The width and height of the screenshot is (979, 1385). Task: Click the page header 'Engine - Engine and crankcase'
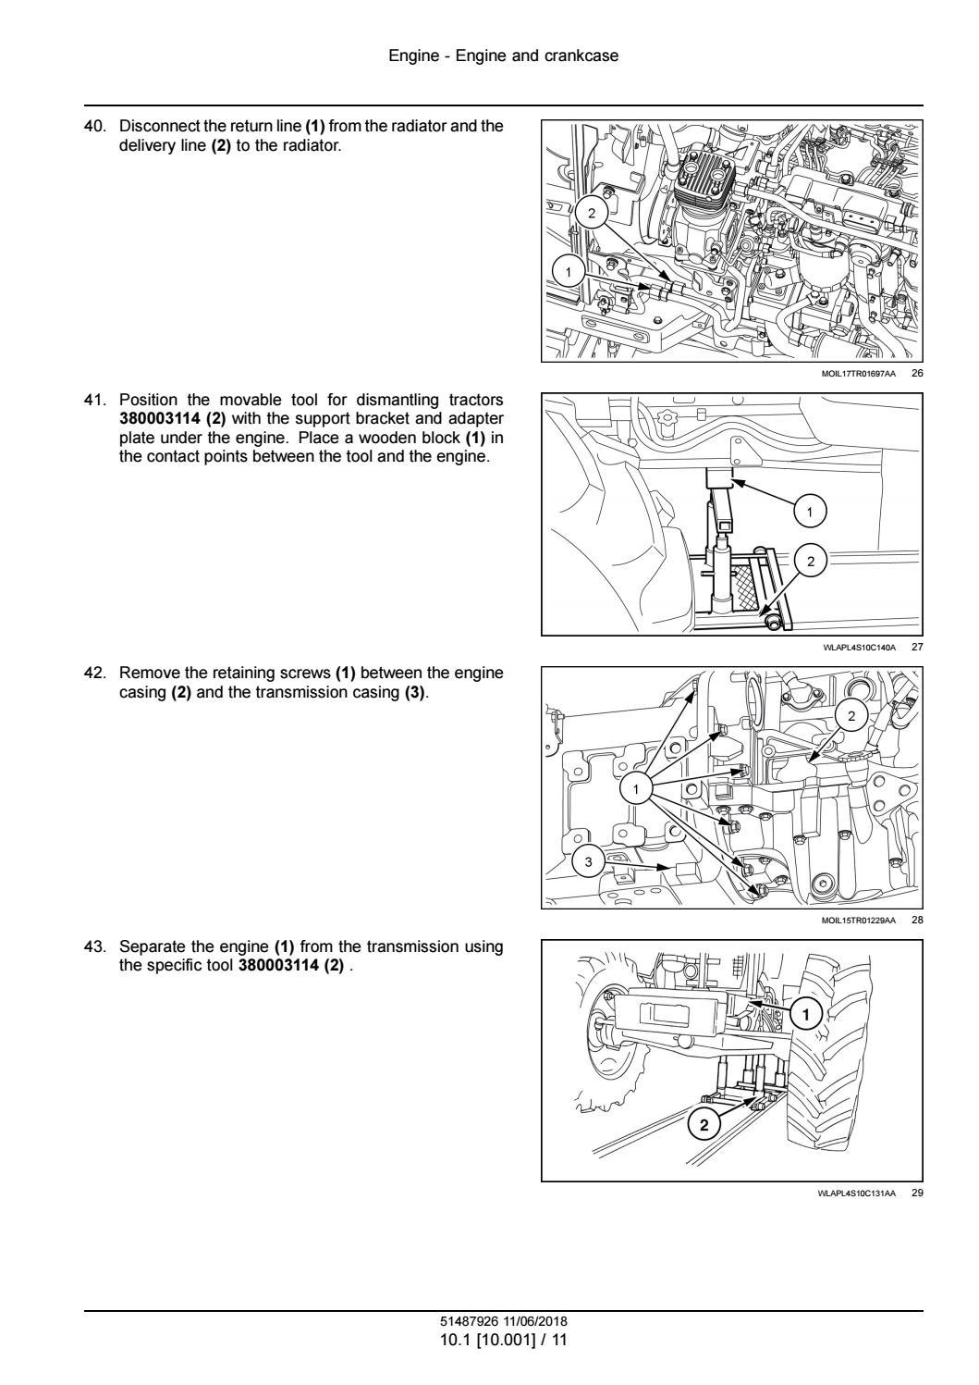504,56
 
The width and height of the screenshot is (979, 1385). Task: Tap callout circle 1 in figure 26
568,271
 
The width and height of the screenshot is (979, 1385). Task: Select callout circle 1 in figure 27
810,510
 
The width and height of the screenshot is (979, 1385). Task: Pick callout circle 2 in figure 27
811,562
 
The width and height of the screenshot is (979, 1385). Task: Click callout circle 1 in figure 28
636,788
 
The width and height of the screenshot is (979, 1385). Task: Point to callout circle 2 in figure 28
851,715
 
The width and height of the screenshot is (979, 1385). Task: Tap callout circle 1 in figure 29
806,1015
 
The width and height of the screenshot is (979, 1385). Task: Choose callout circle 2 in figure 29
704,1125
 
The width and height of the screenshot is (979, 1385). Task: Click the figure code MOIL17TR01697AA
858,374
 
